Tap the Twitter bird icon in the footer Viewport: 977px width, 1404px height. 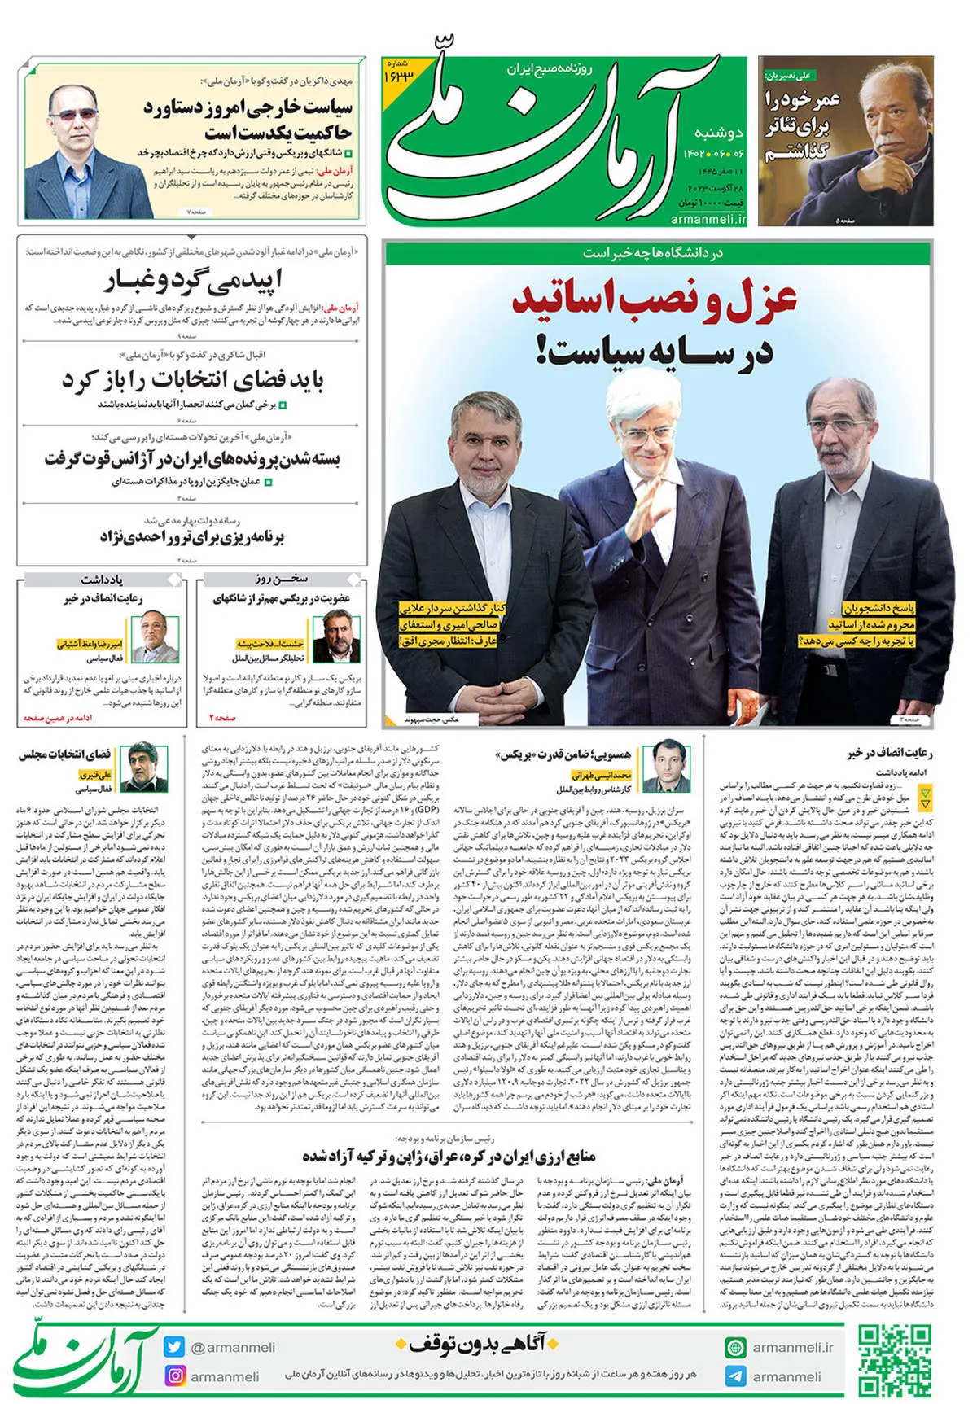(174, 1347)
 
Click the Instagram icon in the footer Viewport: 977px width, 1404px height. (174, 1376)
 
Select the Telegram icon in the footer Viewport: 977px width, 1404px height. (735, 1376)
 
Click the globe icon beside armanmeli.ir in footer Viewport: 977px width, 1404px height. (735, 1347)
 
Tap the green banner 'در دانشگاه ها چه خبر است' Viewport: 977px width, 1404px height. (654, 252)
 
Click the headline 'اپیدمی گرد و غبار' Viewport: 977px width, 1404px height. (193, 282)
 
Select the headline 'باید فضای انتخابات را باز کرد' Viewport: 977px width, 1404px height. (193, 381)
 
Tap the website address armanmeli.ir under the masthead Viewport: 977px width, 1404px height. (708, 219)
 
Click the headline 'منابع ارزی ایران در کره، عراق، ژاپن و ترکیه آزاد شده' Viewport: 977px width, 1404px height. (449, 1156)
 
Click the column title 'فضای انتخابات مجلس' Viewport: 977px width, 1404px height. (65, 754)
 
